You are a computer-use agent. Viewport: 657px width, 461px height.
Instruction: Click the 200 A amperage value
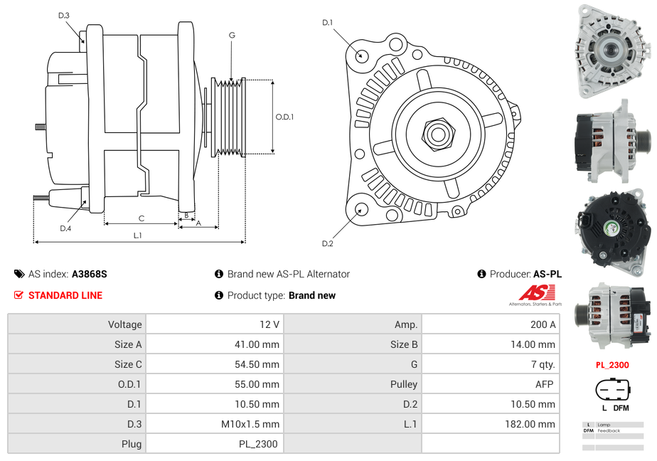(x=543, y=324)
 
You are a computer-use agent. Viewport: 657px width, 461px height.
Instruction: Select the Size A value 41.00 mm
(x=260, y=344)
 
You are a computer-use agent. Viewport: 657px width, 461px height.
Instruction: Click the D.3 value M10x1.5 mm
(x=250, y=424)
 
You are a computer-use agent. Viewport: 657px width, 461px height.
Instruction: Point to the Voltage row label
(x=124, y=324)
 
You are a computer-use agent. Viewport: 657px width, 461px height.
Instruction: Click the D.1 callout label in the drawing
(x=327, y=23)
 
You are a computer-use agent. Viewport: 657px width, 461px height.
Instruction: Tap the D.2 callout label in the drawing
(x=327, y=244)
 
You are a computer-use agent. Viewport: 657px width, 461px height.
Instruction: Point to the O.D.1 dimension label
(x=284, y=117)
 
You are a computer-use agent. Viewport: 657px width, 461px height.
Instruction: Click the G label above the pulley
(x=232, y=35)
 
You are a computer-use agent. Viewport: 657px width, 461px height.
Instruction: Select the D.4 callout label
(x=65, y=228)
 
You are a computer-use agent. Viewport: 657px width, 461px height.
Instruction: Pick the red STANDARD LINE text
(x=65, y=295)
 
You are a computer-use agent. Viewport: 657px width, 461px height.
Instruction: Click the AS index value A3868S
(x=90, y=274)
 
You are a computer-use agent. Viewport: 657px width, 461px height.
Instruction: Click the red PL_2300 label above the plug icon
(x=612, y=365)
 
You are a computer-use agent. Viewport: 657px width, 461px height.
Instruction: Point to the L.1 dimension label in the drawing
(x=138, y=235)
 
